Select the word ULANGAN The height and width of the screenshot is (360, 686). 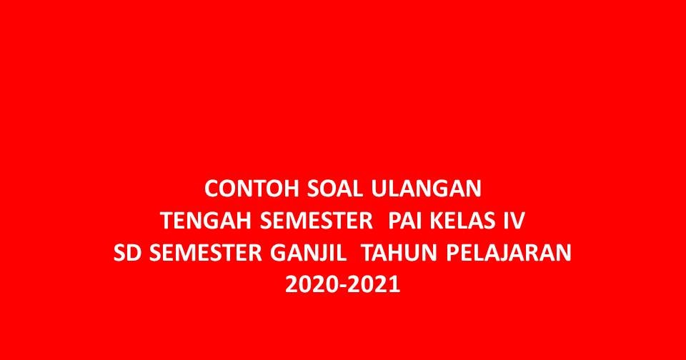427,189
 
